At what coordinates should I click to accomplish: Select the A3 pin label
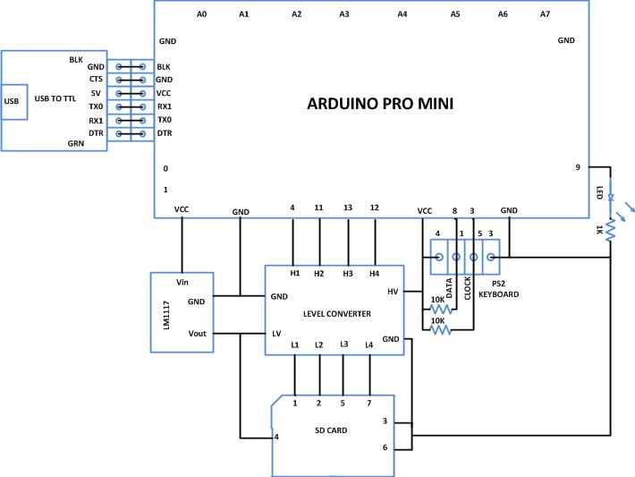pyautogui.click(x=344, y=14)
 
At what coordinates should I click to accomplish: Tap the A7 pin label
pyautogui.click(x=546, y=14)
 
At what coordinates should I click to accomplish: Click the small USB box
pyautogui.click(x=13, y=100)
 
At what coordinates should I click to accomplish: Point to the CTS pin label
pyautogui.click(x=97, y=80)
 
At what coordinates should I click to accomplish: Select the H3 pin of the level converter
pyautogui.click(x=347, y=274)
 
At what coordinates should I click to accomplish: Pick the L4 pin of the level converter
pyautogui.click(x=368, y=345)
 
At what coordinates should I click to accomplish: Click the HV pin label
pyautogui.click(x=394, y=292)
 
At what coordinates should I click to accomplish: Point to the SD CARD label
pyautogui.click(x=330, y=430)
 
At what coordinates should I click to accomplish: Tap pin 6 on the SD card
pyautogui.click(x=385, y=447)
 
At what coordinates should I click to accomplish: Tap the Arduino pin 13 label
pyautogui.click(x=347, y=208)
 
